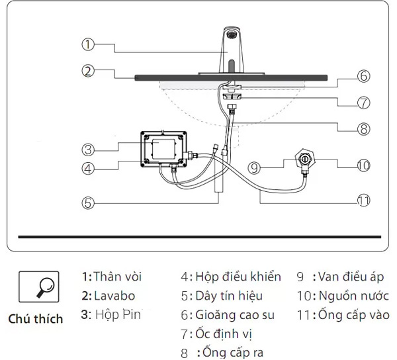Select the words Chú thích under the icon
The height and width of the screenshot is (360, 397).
(36, 319)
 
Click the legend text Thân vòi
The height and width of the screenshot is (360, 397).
(117, 277)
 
